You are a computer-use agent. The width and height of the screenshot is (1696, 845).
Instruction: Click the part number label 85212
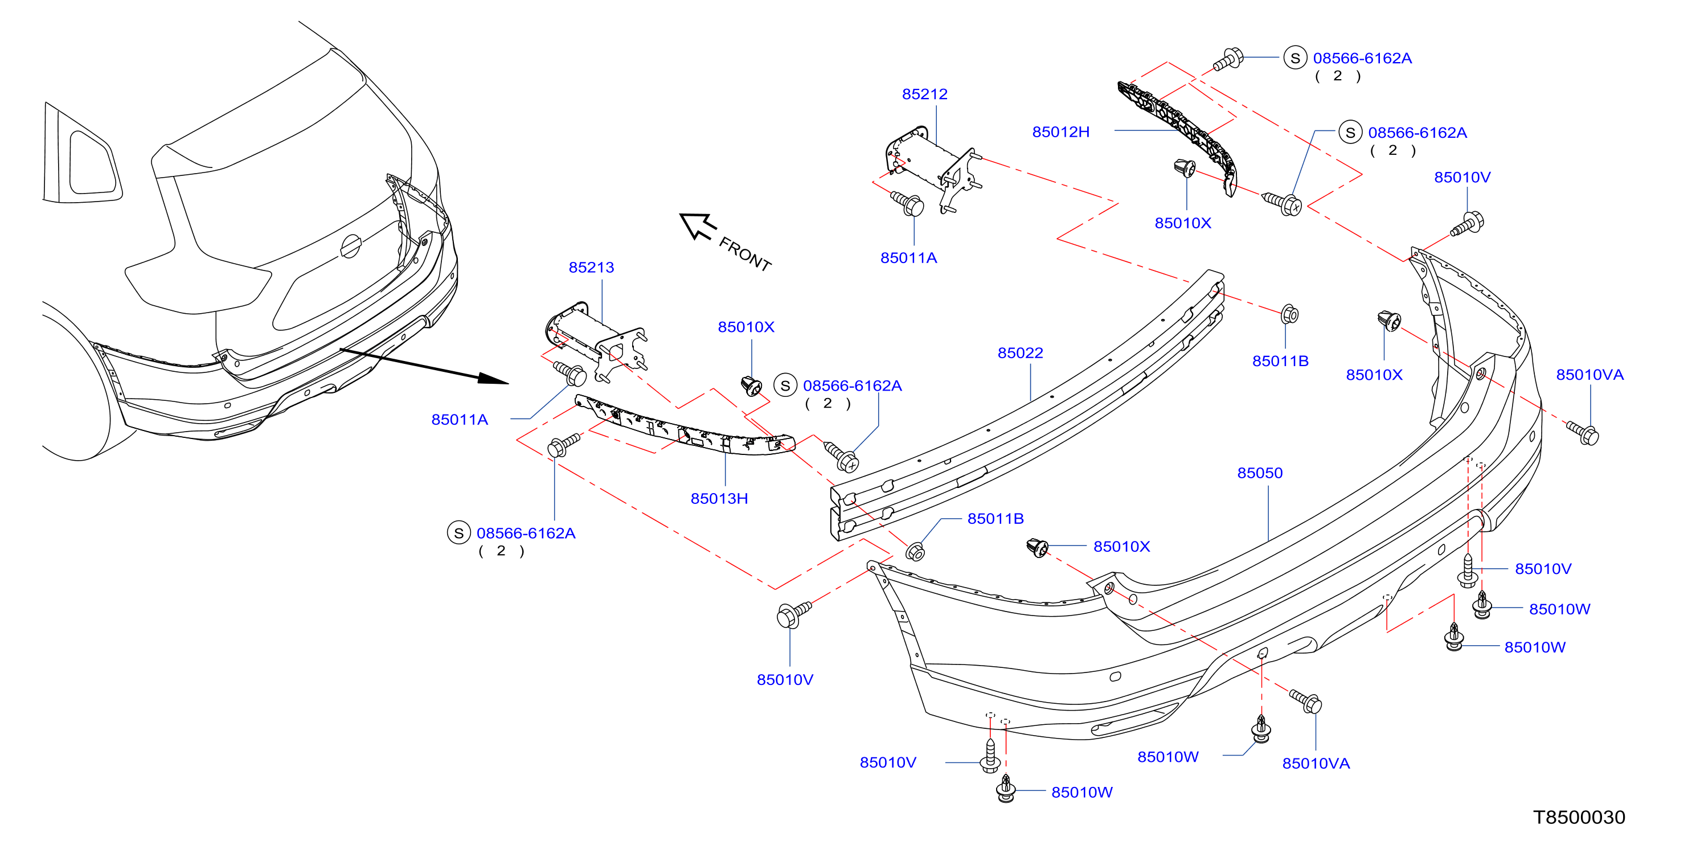(x=924, y=94)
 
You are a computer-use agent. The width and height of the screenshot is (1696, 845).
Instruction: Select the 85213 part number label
(x=591, y=267)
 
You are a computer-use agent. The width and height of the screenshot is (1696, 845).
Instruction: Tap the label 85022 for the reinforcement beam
(x=1020, y=352)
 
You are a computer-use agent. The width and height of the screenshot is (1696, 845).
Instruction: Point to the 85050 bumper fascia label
(x=1260, y=473)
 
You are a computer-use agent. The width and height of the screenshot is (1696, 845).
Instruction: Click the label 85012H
(x=1060, y=132)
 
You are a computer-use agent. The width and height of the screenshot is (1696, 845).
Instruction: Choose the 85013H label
(x=719, y=498)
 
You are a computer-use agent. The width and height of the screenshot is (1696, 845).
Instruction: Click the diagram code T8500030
(x=1579, y=817)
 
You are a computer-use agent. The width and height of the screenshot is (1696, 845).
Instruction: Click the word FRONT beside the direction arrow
(x=744, y=254)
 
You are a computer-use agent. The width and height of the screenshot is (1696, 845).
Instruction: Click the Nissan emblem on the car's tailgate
(x=351, y=246)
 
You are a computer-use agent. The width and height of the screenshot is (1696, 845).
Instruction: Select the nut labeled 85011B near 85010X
(x=1289, y=314)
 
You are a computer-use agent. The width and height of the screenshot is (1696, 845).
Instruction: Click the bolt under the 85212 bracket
(x=908, y=203)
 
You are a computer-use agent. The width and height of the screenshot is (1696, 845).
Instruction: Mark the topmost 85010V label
(x=1463, y=177)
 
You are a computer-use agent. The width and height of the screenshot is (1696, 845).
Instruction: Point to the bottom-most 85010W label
(x=1081, y=791)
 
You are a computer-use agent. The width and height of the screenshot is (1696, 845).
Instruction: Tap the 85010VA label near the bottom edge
(x=1316, y=764)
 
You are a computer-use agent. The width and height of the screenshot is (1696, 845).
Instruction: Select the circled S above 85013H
(x=785, y=385)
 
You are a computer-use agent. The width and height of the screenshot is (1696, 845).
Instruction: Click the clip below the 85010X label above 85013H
(x=751, y=385)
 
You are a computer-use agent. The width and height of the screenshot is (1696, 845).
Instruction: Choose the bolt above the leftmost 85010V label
(x=794, y=614)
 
